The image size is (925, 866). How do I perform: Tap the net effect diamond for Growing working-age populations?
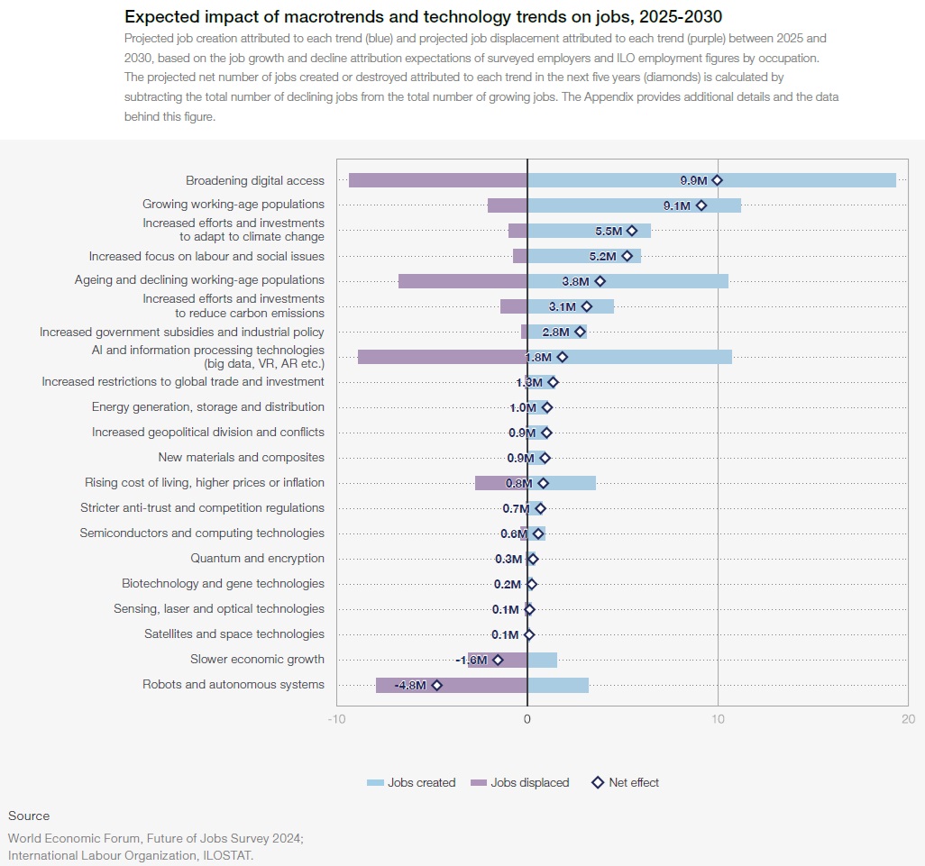(701, 205)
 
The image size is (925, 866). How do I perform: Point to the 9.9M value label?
(694, 180)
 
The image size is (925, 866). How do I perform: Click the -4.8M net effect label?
(410, 685)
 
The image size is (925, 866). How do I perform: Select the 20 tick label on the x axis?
(908, 719)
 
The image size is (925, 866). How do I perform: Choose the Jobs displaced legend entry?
(520, 782)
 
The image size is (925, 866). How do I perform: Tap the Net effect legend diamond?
(597, 782)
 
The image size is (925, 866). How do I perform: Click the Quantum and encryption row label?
(257, 559)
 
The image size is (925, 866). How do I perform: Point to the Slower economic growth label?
(257, 660)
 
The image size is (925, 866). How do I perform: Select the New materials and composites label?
(241, 458)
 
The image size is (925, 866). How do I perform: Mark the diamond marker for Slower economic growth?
(498, 660)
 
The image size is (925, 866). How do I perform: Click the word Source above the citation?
(29, 816)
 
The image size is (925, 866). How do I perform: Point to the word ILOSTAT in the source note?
(226, 855)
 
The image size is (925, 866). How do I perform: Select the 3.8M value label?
(575, 281)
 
